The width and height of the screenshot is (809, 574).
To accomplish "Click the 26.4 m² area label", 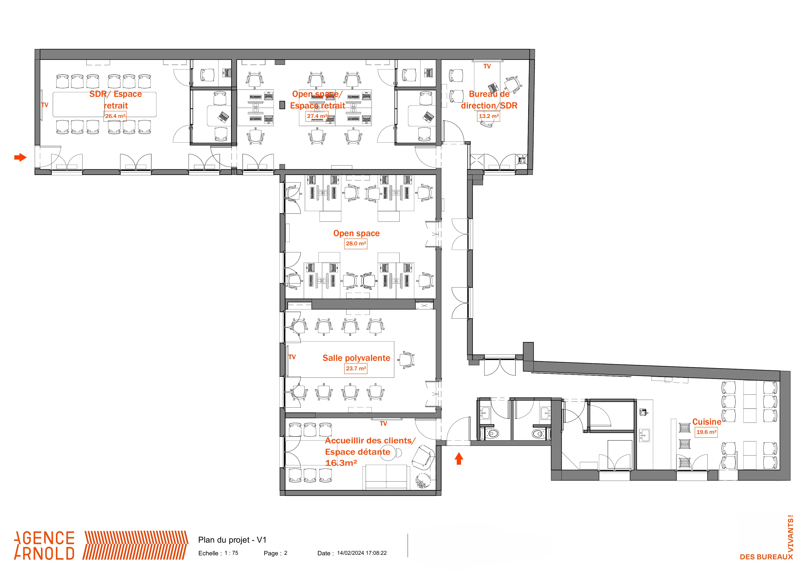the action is (x=115, y=116).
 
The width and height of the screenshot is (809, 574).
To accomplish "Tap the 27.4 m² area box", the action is (x=317, y=116).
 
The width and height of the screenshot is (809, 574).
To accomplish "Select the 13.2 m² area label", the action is (x=489, y=116).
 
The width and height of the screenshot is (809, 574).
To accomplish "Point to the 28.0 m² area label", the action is (x=356, y=243).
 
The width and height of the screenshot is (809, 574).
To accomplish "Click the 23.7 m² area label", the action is (x=356, y=368).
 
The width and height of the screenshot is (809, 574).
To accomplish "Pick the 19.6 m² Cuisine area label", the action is (x=706, y=432).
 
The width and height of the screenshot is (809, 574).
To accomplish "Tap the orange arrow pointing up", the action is (x=459, y=459).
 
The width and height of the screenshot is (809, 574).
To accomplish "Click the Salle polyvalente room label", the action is (x=356, y=358).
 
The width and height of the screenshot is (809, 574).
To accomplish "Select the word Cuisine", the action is (x=706, y=422).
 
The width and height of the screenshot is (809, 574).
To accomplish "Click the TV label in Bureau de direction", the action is (x=487, y=67).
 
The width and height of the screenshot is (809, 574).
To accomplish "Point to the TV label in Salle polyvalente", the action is (x=292, y=357).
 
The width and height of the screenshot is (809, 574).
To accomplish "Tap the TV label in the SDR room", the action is (x=45, y=105).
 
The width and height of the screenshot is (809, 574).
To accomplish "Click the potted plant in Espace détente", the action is (x=423, y=481).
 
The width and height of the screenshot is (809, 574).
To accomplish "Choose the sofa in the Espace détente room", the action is (x=386, y=477).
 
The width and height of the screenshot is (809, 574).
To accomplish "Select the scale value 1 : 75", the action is (x=231, y=553).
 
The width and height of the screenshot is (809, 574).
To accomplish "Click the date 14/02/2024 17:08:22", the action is (x=362, y=553).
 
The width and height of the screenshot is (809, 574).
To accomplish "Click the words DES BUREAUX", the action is (x=766, y=557).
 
